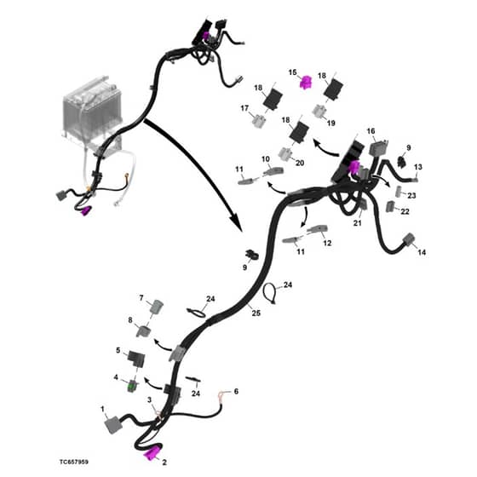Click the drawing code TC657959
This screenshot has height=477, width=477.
[x=74, y=462]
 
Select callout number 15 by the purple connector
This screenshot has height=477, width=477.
[x=292, y=72]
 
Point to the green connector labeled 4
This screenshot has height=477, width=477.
[x=132, y=387]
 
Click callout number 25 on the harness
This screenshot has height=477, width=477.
[x=256, y=313]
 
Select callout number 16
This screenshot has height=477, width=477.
[x=371, y=131]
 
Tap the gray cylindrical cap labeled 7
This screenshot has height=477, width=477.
[x=157, y=306]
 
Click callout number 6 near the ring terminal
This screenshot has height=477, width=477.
[x=236, y=391]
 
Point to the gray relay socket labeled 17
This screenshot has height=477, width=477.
[x=259, y=121]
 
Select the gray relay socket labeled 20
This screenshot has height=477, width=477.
[x=285, y=153]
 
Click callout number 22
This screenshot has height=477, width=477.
[x=405, y=211]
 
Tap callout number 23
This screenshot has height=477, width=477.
[x=411, y=195]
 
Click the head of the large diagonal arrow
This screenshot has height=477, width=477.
[x=236, y=224]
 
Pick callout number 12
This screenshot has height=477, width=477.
[x=327, y=243]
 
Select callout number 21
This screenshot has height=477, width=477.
[x=358, y=223]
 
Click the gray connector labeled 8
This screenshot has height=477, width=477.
[x=143, y=330]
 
